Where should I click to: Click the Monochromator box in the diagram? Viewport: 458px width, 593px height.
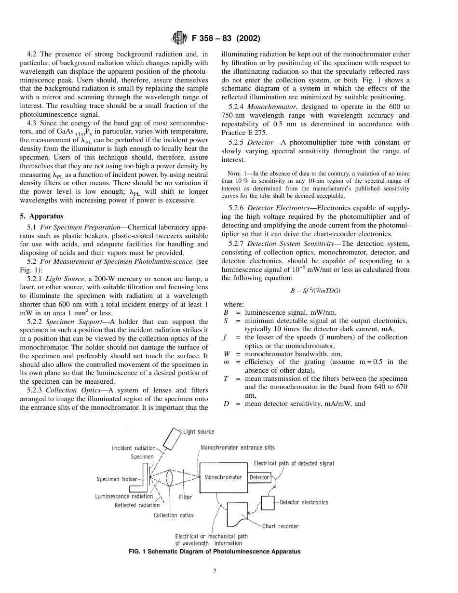tap(223, 477)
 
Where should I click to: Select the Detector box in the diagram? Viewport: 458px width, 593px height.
tap(259, 477)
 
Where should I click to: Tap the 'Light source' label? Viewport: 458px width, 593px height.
tap(199, 432)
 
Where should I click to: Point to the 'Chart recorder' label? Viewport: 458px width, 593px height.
tap(280, 526)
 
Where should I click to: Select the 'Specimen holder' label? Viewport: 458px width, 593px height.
tap(117, 479)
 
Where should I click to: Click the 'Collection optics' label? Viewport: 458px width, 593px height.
tap(174, 515)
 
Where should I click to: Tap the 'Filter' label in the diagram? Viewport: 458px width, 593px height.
tap(186, 497)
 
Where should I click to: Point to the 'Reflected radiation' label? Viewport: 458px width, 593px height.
tap(137, 505)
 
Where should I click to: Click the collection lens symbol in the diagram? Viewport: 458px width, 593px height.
tap(169, 478)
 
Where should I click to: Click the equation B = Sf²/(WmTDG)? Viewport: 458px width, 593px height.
tap(315, 290)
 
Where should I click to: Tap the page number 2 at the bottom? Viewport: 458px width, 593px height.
tap(215, 572)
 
